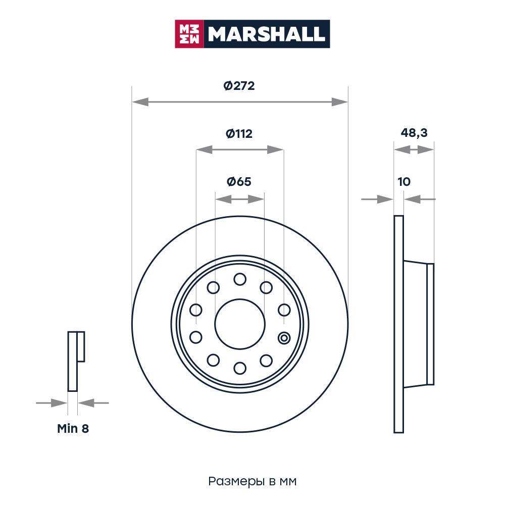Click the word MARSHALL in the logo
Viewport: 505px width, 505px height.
pos(266,34)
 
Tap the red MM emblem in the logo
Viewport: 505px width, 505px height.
pos(189,34)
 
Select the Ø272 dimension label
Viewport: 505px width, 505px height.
pos(239,86)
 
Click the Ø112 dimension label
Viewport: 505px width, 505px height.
pos(239,134)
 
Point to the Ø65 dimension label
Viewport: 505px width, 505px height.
pos(239,182)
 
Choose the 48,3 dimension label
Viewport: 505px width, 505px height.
pos(414,133)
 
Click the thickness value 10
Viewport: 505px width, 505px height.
pos(404,182)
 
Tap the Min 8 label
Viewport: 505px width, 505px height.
pos(73,429)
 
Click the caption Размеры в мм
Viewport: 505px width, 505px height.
pos(252,481)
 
